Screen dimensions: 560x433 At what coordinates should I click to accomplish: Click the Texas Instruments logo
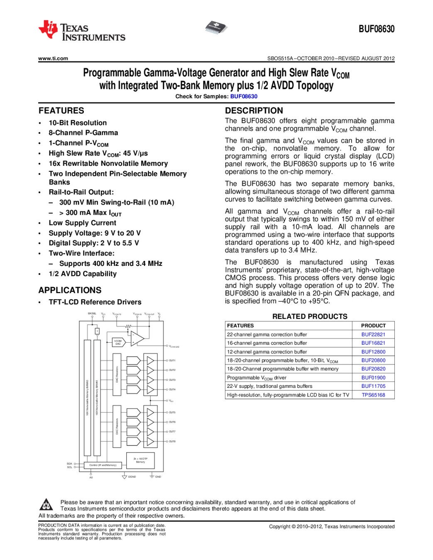81,31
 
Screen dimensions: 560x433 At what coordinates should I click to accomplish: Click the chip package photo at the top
216,28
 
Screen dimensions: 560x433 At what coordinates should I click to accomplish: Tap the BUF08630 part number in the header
376,29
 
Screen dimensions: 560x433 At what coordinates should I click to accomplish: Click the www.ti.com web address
53,58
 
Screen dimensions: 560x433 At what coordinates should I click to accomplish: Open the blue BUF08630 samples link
244,96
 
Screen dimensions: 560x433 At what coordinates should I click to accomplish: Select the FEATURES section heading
61,111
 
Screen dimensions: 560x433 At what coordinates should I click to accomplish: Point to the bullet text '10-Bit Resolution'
78,123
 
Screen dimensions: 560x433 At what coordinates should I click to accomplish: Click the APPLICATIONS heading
70,290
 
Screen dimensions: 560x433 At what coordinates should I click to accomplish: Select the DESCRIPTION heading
254,111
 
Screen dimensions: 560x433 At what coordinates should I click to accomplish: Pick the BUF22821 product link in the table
373,334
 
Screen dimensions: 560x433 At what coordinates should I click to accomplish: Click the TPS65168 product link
373,395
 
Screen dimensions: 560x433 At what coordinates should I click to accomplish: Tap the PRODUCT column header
373,326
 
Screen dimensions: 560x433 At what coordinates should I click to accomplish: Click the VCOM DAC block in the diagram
118,342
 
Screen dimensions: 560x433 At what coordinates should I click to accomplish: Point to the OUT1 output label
172,360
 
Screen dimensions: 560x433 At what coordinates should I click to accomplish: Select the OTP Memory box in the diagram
140,460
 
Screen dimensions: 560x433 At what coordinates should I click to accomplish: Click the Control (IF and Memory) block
103,465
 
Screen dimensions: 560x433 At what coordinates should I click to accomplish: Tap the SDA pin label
69,464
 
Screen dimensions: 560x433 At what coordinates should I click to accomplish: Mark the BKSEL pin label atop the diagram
92,314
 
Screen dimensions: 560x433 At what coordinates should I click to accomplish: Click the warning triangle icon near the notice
46,505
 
